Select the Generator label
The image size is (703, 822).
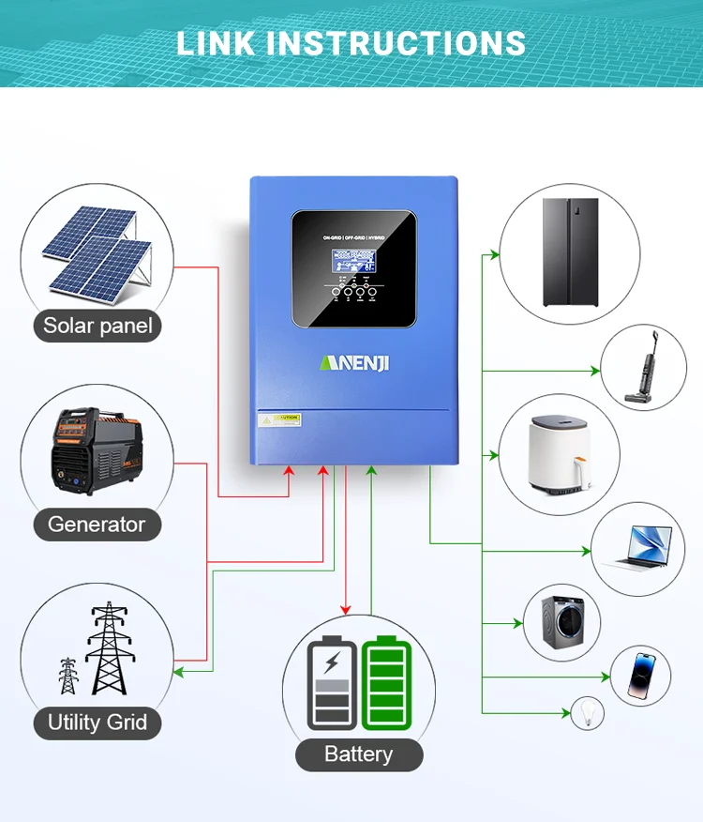click(97, 524)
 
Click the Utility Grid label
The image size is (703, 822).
click(97, 723)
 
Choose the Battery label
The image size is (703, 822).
click(358, 754)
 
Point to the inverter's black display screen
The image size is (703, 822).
click(353, 268)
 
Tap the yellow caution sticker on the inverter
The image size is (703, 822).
click(279, 419)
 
